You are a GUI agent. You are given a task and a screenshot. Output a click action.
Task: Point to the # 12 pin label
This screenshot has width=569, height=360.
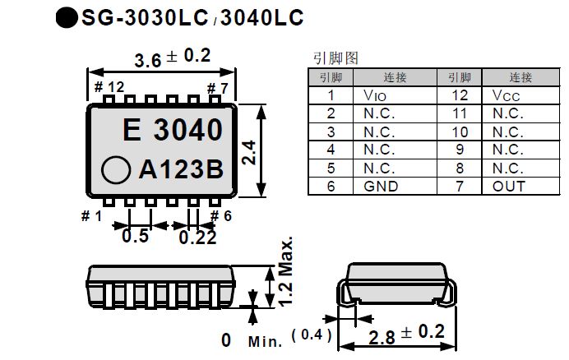(109, 87)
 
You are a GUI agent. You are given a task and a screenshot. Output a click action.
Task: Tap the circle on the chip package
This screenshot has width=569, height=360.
(116, 170)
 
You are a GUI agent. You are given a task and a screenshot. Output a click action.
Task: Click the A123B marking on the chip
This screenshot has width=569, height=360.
(181, 169)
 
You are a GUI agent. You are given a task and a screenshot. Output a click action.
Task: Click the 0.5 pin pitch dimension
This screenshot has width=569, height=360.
(135, 237)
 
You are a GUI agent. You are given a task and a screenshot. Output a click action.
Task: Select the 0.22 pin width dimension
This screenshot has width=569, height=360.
(197, 237)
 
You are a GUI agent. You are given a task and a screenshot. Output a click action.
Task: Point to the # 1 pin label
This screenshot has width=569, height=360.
(91, 216)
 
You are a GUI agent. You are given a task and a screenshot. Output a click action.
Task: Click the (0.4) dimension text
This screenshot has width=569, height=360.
(316, 334)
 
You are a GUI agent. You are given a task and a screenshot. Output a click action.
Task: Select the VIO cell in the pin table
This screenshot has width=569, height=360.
(373, 95)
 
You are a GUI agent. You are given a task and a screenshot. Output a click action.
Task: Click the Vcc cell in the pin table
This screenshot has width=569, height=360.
(507, 95)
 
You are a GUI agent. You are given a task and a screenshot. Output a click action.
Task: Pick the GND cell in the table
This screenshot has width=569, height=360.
(380, 187)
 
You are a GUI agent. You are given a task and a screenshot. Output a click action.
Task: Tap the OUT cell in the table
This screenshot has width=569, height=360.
(508, 187)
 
